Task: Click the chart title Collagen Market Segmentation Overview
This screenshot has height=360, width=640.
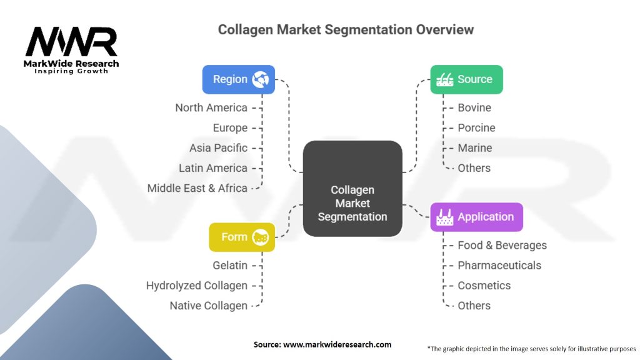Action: (x=346, y=29)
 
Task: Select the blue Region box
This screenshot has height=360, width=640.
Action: (x=238, y=79)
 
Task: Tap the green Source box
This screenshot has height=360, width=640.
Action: (x=466, y=79)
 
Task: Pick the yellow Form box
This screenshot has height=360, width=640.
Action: (x=242, y=237)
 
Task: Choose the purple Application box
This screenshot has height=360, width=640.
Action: (x=476, y=217)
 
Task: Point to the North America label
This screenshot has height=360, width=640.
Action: (x=211, y=107)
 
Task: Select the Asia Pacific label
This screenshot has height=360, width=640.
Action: (x=218, y=148)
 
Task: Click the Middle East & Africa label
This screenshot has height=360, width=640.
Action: (x=197, y=188)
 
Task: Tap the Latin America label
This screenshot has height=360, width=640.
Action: (x=213, y=168)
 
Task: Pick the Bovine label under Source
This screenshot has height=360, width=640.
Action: (x=474, y=107)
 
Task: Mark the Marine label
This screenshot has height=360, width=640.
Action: (x=475, y=148)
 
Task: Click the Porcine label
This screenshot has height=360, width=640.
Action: (x=476, y=128)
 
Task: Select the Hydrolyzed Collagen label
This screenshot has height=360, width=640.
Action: (x=197, y=286)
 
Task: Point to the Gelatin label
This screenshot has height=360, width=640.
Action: (x=230, y=266)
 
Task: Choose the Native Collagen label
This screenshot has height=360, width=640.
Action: (x=209, y=306)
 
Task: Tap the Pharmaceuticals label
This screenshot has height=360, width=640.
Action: (x=499, y=266)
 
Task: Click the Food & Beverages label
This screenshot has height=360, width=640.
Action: (x=502, y=246)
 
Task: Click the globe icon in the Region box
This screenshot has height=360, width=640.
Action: (x=260, y=79)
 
